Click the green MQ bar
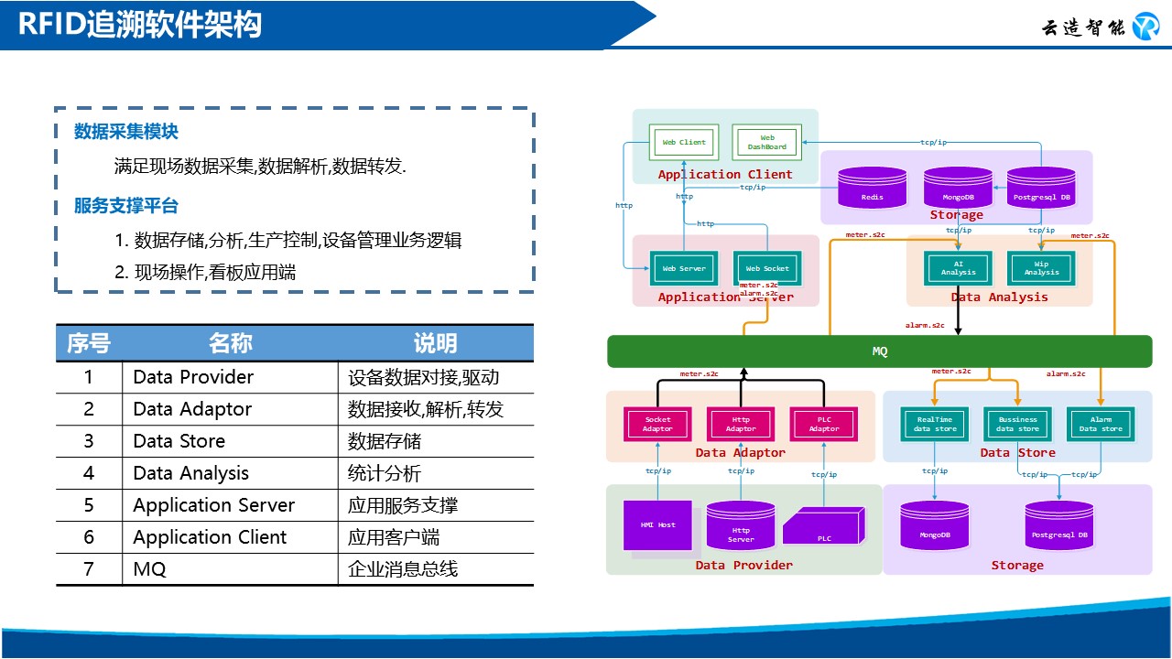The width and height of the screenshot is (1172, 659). [x=879, y=351]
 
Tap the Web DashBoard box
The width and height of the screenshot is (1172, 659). [x=766, y=142]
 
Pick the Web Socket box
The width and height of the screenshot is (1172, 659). [x=766, y=268]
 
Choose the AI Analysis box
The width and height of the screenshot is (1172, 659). [x=958, y=267]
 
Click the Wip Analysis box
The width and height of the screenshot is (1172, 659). [x=1041, y=267]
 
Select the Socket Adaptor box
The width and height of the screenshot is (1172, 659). [x=657, y=424]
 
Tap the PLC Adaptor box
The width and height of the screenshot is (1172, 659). [x=824, y=424]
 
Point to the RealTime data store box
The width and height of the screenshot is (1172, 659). [x=934, y=424]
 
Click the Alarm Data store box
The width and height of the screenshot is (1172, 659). [x=1101, y=424]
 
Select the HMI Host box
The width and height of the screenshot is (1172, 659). [x=657, y=524]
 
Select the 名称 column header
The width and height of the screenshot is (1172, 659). [x=230, y=343]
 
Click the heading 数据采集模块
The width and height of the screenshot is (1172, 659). [x=126, y=132]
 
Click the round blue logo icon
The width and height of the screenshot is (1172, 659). [x=1145, y=27]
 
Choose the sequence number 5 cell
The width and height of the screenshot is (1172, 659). [x=89, y=505]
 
